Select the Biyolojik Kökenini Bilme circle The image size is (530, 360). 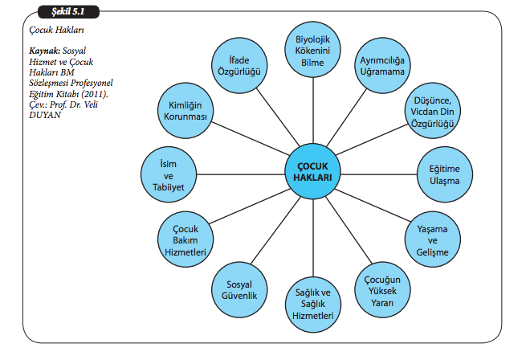click(314, 48)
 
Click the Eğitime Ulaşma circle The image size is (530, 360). click(445, 175)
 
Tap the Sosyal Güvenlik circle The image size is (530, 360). click(238, 289)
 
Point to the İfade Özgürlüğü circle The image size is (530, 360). click(238, 63)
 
